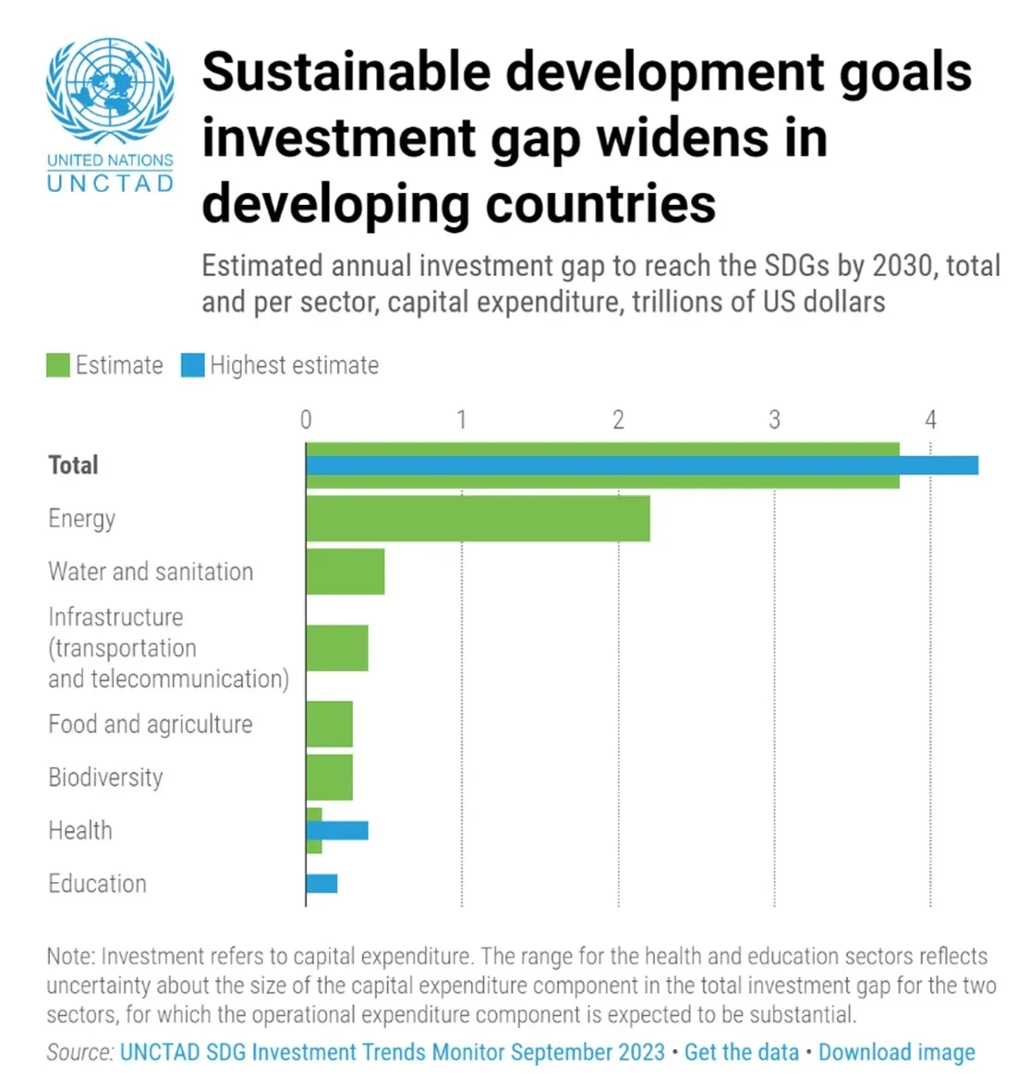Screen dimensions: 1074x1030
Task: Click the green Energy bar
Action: (x=478, y=518)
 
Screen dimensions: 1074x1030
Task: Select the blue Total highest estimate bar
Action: (x=642, y=465)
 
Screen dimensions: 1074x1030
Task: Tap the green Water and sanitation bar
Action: (x=345, y=572)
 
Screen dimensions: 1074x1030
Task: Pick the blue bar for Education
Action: (x=321, y=884)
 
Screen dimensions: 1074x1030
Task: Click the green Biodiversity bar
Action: (x=329, y=778)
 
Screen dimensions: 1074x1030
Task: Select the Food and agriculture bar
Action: (x=329, y=724)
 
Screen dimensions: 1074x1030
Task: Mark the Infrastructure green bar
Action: (x=337, y=647)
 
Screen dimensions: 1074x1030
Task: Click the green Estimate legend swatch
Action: (x=58, y=366)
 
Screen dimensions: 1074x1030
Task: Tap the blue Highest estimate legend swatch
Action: (x=192, y=366)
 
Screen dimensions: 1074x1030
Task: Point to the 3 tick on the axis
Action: (x=774, y=420)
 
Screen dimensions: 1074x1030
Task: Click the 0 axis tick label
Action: (x=306, y=420)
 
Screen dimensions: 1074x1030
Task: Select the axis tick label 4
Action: (x=930, y=420)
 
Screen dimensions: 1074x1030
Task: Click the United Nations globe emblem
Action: (x=110, y=91)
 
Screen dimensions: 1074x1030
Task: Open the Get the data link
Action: (x=741, y=1052)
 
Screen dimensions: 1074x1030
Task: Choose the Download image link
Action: (x=896, y=1052)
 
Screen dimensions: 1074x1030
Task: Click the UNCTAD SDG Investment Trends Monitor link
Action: (x=392, y=1052)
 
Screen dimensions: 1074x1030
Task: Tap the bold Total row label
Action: (x=73, y=465)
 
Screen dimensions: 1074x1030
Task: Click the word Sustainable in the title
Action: (x=345, y=72)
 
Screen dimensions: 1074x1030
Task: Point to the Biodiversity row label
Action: (x=105, y=778)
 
